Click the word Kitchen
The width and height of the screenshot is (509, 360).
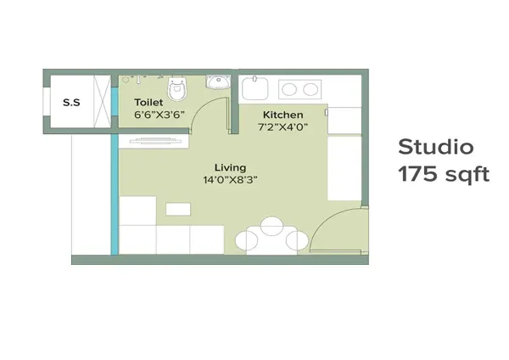[282, 115]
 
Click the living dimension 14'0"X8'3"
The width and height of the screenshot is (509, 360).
[229, 179]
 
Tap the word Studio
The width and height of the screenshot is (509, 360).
[435, 146]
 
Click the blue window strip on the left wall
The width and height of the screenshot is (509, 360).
[115, 195]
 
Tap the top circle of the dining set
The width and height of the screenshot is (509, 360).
[271, 226]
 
